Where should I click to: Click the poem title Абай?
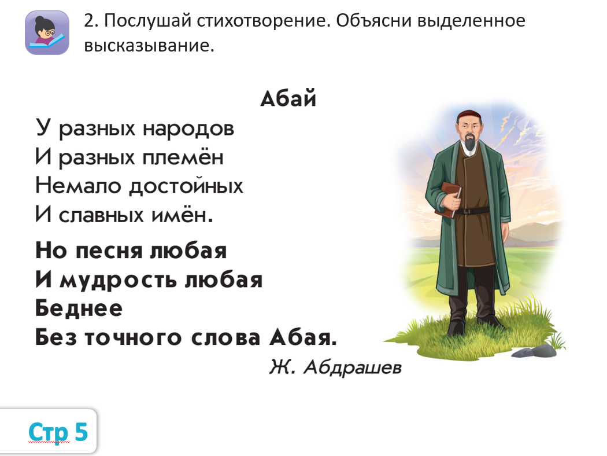point(288,98)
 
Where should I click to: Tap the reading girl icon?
point(47,32)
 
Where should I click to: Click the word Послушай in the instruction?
point(148,21)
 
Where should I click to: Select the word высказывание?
point(149,46)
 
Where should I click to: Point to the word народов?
point(188,128)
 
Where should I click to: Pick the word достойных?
point(186,185)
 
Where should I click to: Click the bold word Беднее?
point(79,308)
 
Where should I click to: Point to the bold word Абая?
point(303,337)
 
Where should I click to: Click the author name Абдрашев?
point(352,367)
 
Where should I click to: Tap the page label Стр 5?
point(58,431)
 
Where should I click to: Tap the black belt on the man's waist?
point(472,211)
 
